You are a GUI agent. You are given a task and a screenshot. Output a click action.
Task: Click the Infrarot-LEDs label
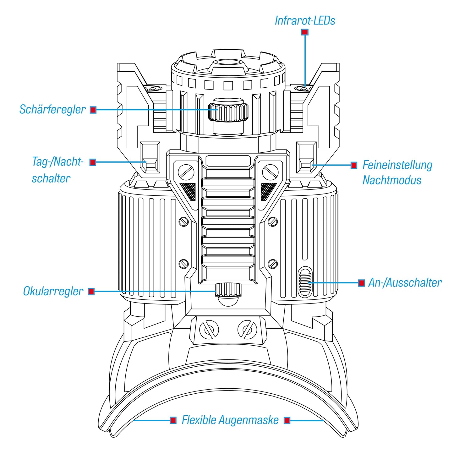point(305,21)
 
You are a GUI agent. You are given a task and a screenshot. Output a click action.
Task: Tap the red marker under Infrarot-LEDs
point(305,32)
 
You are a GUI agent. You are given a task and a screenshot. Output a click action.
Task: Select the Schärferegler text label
point(52,110)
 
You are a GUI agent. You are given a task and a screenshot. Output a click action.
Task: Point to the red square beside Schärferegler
point(93,110)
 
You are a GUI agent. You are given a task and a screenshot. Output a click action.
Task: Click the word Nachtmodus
point(392,180)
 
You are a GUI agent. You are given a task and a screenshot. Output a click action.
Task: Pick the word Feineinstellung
point(397,165)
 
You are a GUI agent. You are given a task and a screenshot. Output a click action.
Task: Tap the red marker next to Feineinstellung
point(354,165)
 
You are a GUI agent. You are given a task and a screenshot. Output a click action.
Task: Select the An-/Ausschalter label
point(405,283)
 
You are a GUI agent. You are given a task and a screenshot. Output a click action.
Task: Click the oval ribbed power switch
point(305,282)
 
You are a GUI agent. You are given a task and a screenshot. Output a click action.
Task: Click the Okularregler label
point(53,292)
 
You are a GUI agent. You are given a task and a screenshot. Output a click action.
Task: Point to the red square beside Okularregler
point(91,292)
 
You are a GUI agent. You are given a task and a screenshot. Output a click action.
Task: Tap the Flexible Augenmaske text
point(230,420)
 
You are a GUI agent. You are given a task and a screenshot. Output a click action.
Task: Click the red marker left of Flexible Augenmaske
point(173,420)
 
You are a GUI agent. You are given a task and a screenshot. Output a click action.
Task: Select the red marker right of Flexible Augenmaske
point(287,420)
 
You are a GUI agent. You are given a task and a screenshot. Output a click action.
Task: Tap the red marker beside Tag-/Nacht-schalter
point(93,162)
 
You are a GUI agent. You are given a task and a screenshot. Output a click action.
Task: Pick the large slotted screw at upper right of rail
point(270,172)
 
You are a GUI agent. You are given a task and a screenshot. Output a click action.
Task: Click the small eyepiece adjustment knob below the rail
point(228,289)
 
